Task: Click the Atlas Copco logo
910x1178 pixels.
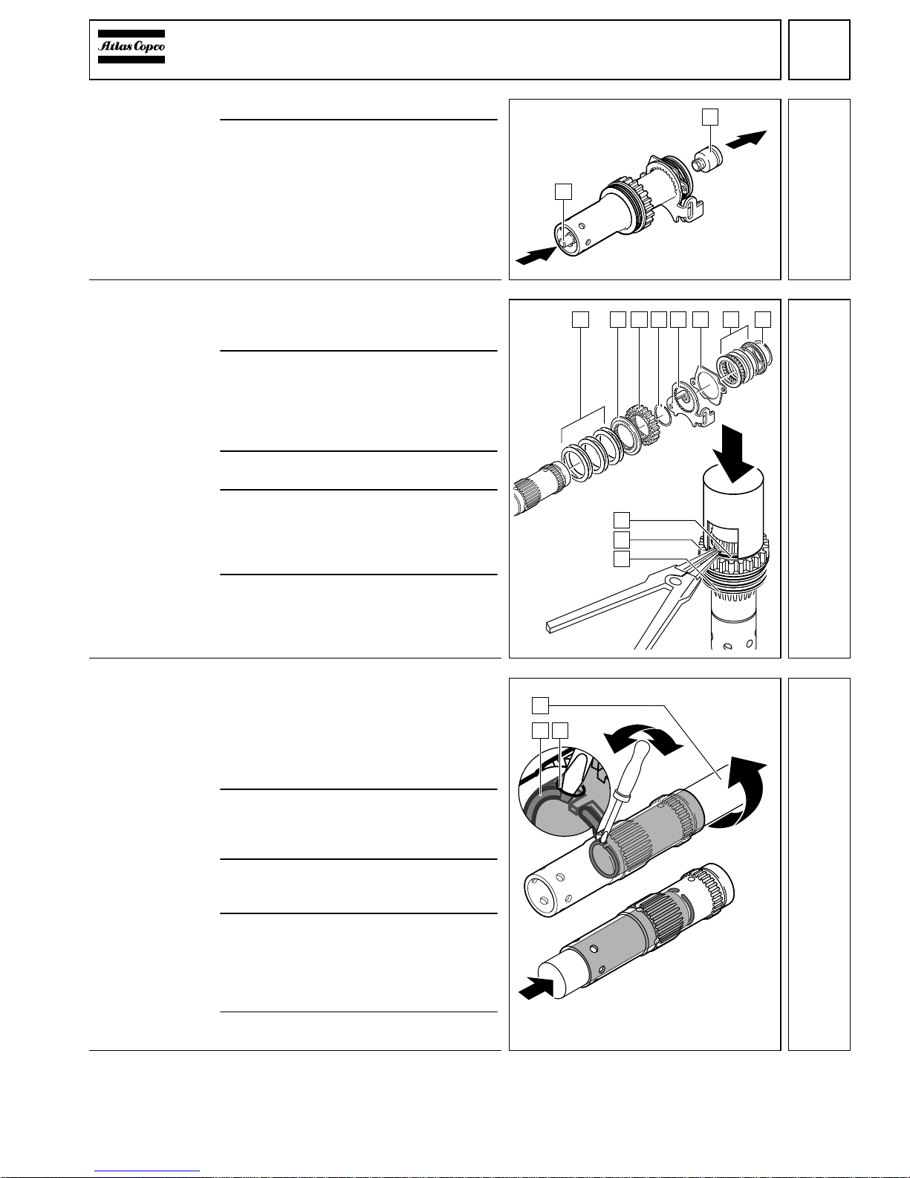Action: point(131,46)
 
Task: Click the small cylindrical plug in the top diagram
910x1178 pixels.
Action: point(708,159)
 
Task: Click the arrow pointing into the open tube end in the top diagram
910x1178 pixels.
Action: point(536,256)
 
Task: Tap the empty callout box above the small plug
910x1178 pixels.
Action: point(711,116)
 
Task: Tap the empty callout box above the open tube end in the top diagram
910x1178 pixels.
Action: point(564,191)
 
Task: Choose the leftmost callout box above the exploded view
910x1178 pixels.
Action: point(580,319)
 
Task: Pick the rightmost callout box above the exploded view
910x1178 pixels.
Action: point(763,319)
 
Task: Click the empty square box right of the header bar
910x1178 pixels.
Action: point(819,49)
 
